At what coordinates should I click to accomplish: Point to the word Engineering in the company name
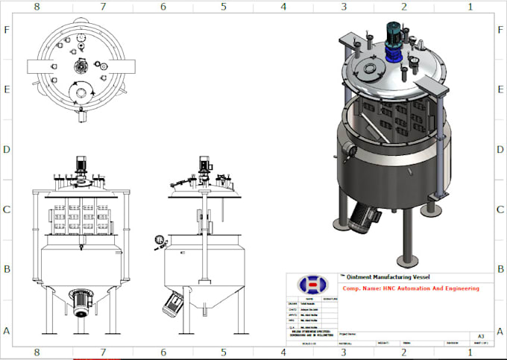[x=458, y=288]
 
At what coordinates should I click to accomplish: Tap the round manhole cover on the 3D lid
[x=367, y=71]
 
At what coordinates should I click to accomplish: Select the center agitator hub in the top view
[x=80, y=66]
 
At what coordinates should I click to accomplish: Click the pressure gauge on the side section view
[x=159, y=241]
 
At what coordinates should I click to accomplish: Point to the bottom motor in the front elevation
[x=80, y=302]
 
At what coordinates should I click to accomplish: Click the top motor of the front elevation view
[x=80, y=165]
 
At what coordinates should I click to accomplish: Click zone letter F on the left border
[x=7, y=31]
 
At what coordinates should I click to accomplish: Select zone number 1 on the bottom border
[x=470, y=352]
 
